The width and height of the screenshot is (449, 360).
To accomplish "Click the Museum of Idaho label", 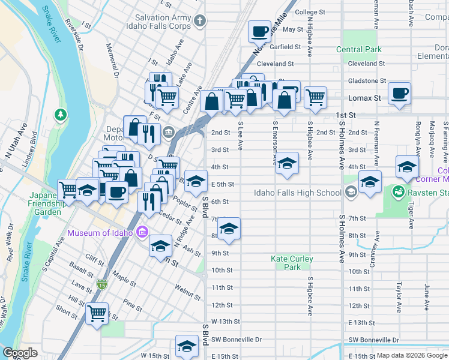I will pos(101,233).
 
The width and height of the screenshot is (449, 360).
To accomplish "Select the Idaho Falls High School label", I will pos(297,193).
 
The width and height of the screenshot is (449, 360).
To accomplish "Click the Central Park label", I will pos(359,49).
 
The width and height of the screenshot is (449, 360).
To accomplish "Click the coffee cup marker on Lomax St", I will pos(399,94).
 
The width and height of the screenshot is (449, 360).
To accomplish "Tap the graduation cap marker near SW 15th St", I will pos(187,346).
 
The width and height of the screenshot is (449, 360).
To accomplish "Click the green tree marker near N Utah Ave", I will pos(60,113).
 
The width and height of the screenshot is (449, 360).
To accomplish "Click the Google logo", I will pos(20,353).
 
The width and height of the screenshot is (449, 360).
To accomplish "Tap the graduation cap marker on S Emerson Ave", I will pos(288,164).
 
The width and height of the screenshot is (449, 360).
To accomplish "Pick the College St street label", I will pos(310,11).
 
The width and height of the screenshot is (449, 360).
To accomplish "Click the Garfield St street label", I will pos(285,46).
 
